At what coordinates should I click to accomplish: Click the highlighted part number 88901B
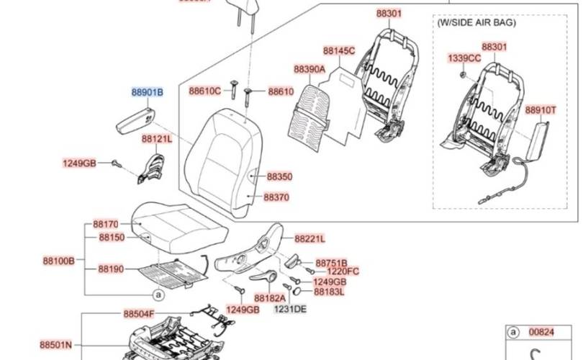click(x=147, y=93)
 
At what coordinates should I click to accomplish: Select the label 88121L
click(x=156, y=138)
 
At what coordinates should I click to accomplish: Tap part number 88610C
click(x=205, y=91)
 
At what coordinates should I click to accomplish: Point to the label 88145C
click(x=338, y=51)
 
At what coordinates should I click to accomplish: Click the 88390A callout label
click(x=309, y=69)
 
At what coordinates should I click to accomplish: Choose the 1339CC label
click(x=464, y=58)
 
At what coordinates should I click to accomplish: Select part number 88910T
click(x=540, y=110)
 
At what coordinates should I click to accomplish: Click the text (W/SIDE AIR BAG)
click(x=476, y=23)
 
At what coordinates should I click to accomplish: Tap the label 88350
click(x=279, y=176)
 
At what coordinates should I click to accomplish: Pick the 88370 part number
click(x=276, y=196)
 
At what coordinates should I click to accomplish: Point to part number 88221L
click(x=309, y=238)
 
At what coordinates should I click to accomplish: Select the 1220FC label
click(x=343, y=271)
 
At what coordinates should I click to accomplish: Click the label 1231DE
click(x=289, y=309)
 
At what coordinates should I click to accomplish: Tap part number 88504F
click(x=138, y=314)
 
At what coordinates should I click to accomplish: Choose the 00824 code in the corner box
click(x=542, y=332)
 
